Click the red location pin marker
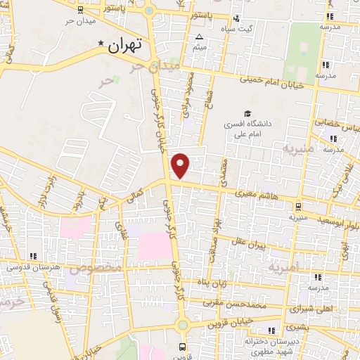click(x=181, y=166)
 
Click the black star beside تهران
click(x=103, y=44)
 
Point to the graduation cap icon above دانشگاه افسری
click(x=247, y=114)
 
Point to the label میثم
click(x=200, y=47)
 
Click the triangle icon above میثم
click(x=200, y=37)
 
